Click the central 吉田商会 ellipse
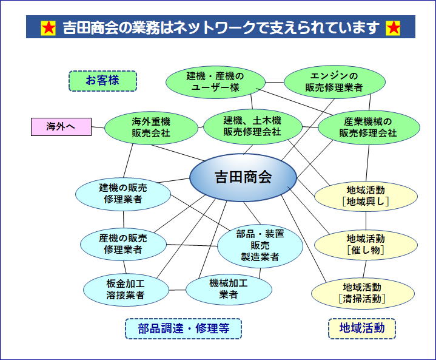[x=243, y=177]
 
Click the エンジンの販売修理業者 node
[x=334, y=82]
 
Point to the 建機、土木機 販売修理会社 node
[x=252, y=126]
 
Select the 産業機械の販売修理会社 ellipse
[x=367, y=127]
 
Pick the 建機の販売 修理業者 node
[x=123, y=193]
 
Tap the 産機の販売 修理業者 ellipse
[x=123, y=243]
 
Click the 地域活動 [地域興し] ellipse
[x=366, y=195]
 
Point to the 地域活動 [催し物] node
[x=366, y=244]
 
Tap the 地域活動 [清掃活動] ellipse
[x=362, y=293]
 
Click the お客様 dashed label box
[x=102, y=81]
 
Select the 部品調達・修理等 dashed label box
[x=183, y=328]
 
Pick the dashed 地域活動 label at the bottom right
[x=362, y=328]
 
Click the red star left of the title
[x=49, y=28]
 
